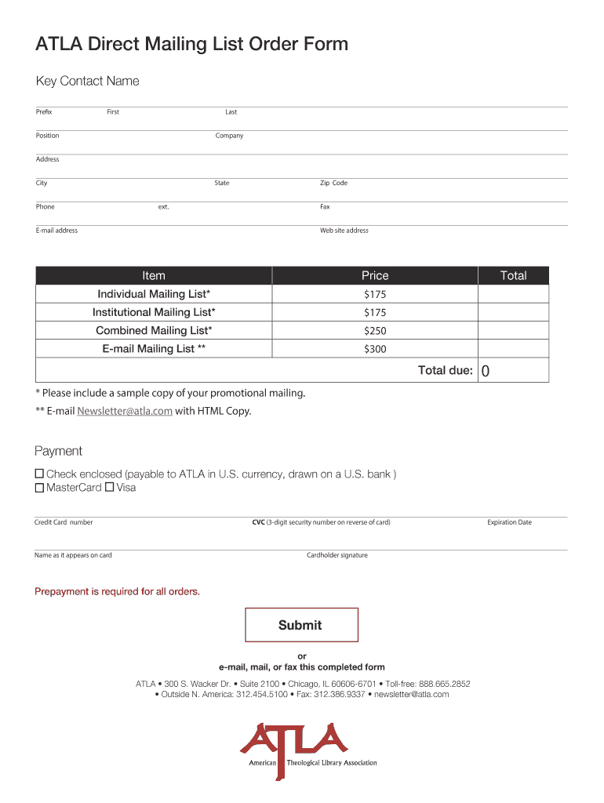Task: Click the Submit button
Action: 301,625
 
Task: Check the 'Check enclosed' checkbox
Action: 39,474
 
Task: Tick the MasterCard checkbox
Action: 39,488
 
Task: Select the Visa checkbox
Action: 110,488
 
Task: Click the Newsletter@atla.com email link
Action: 125,411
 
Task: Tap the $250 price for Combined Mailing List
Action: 375,331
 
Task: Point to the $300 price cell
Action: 375,349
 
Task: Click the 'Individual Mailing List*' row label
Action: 154,294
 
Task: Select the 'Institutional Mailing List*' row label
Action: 154,312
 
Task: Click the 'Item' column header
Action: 154,275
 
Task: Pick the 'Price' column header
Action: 375,275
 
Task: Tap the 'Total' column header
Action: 514,275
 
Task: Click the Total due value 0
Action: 486,371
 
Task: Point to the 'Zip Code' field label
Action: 333,183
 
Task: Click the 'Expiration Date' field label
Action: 509,522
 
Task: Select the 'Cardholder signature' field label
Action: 337,555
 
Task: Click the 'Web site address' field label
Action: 344,231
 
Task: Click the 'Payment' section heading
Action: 58,451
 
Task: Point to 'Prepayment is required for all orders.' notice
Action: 117,591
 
